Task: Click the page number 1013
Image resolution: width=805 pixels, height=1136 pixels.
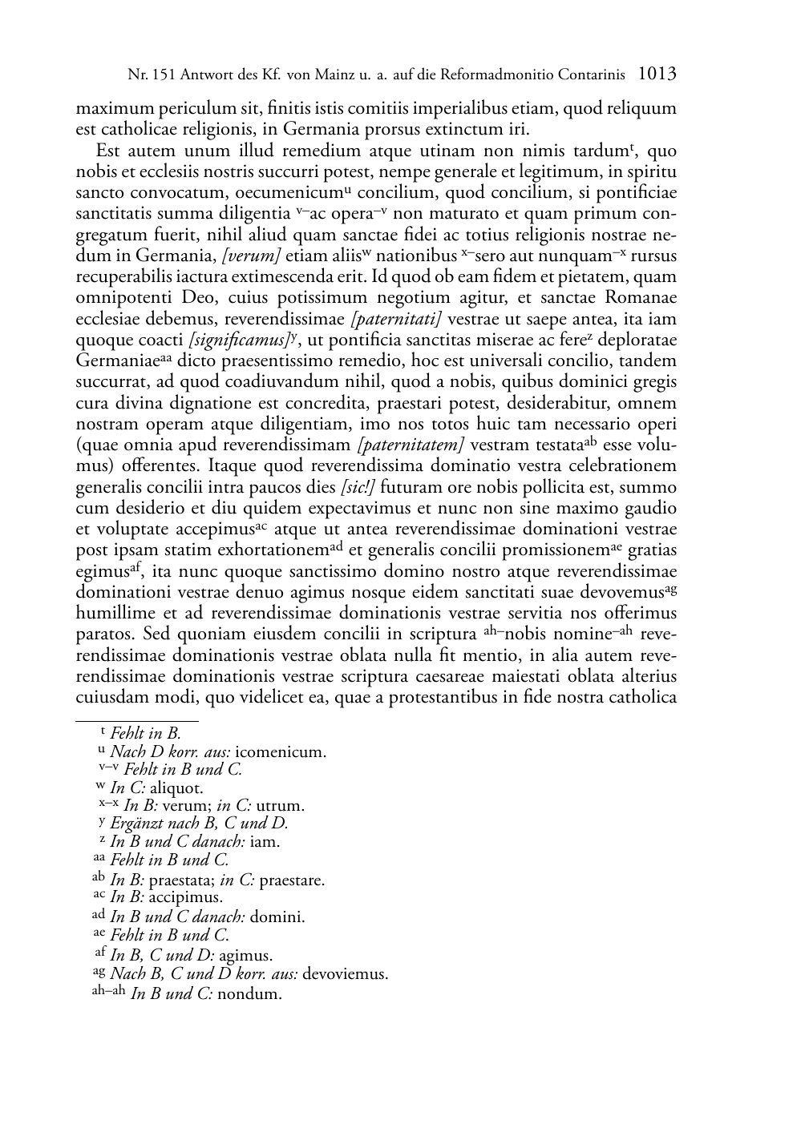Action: (657, 75)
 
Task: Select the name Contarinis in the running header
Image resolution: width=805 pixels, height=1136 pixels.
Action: (587, 75)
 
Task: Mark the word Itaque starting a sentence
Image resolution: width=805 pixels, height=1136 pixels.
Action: (233, 466)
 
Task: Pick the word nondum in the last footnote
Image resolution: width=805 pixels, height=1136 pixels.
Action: (249, 994)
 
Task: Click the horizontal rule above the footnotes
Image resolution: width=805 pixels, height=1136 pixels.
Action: (136, 720)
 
